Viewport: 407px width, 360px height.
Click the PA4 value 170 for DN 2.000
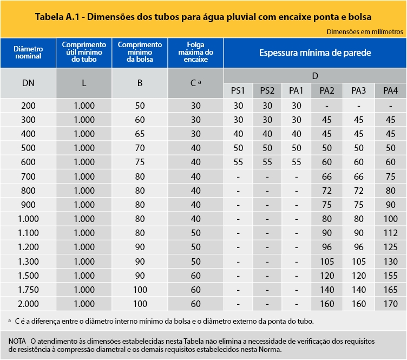[390, 304]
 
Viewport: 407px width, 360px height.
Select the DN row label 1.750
[29, 290]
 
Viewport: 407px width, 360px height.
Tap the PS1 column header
[239, 90]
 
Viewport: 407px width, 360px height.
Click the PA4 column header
[390, 90]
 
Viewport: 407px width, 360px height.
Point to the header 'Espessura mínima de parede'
[314, 53]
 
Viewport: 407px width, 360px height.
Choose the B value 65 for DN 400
[140, 134]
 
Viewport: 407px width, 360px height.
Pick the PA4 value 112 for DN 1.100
[390, 233]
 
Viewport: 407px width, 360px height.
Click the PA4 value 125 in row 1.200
[390, 247]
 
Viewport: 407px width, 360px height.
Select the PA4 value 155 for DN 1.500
[390, 276]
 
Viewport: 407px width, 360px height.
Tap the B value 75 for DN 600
[140, 162]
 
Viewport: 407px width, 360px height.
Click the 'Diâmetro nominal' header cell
[28, 53]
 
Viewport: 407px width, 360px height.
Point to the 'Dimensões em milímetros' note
[365, 31]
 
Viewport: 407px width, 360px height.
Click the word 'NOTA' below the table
[18, 342]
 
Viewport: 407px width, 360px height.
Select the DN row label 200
[29, 105]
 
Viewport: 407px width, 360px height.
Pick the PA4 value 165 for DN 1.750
[390, 290]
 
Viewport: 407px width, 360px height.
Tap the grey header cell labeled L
[84, 83]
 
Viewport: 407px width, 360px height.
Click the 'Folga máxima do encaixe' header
[195, 53]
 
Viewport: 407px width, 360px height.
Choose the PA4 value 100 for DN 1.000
[390, 219]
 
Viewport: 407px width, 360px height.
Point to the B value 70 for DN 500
[140, 148]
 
